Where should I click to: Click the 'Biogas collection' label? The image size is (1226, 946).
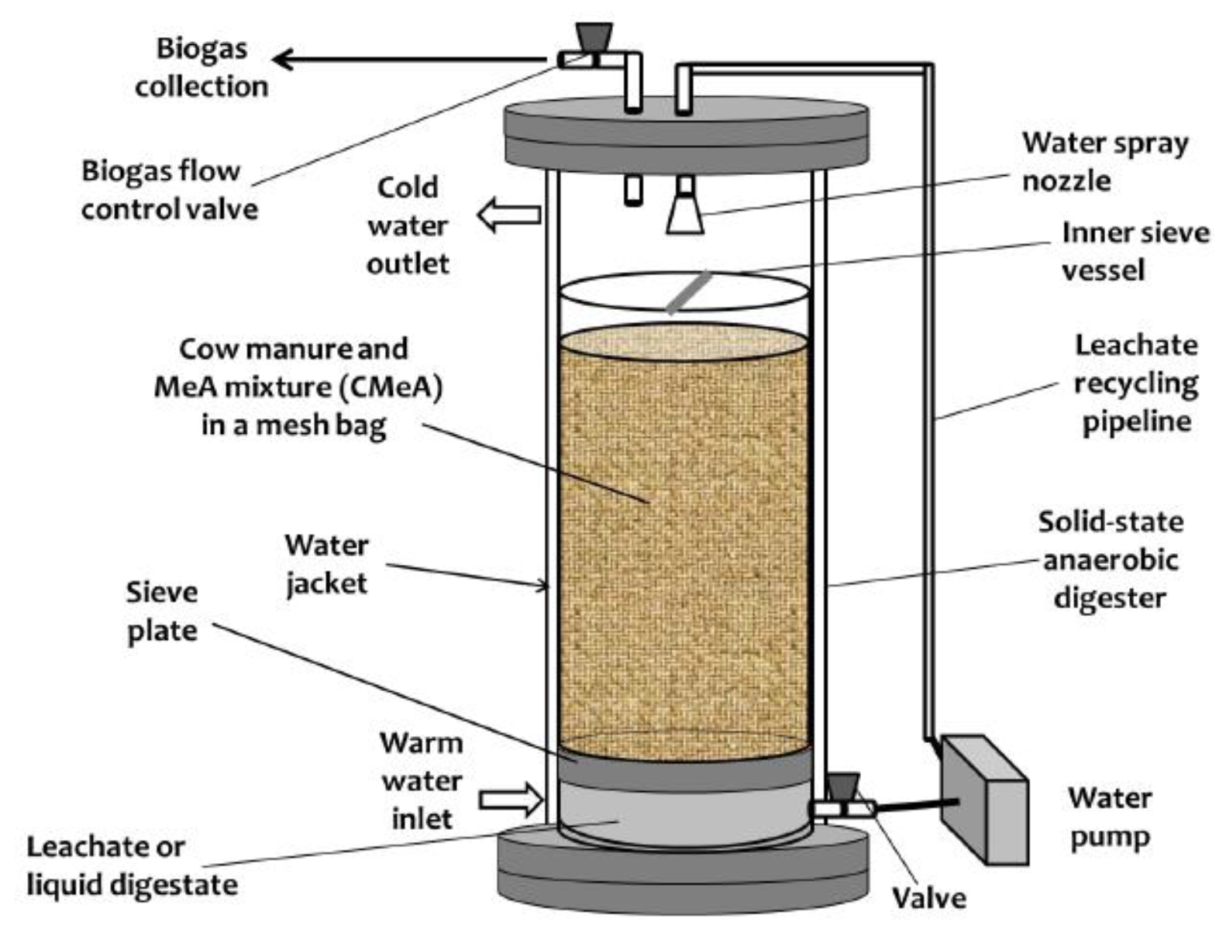tap(201, 67)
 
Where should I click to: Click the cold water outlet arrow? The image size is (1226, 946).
tap(509, 215)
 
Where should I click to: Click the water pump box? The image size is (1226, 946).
tap(983, 800)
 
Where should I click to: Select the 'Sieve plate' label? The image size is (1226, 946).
tap(162, 611)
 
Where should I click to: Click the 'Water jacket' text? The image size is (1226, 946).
tap(326, 564)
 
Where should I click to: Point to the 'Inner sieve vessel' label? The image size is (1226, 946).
tap(1135, 251)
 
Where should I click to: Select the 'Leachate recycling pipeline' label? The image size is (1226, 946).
tap(1135, 383)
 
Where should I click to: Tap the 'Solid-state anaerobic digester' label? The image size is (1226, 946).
tap(1111, 559)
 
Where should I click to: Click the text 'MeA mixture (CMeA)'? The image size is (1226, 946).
tap(298, 387)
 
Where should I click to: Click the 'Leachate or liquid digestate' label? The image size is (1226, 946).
tap(132, 865)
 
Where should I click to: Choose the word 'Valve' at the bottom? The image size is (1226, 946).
tap(928, 898)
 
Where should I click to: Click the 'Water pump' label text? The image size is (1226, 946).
tap(1109, 817)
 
